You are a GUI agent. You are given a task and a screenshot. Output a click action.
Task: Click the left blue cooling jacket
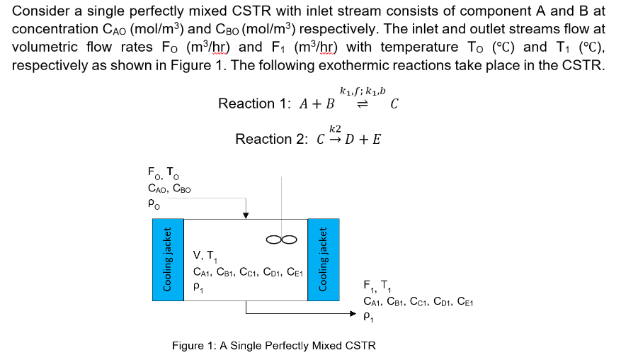tap(168, 259)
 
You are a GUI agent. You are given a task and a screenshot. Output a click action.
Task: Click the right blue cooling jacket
tap(323, 259)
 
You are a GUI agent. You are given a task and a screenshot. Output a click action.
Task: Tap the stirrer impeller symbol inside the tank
tap(277, 239)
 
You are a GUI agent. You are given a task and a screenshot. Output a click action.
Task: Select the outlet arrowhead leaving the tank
tap(358, 313)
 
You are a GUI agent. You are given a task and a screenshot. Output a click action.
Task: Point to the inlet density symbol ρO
tap(151, 203)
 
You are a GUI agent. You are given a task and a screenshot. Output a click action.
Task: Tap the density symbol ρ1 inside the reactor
tap(198, 287)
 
